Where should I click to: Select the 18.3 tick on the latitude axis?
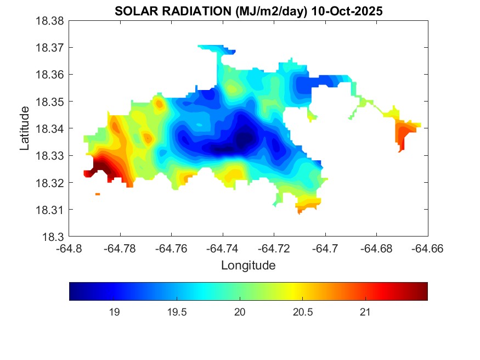click(55, 237)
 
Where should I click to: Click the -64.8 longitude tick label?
click(69, 249)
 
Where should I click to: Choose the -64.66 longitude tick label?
click(428, 249)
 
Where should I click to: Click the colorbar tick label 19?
click(114, 312)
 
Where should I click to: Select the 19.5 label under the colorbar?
click(177, 312)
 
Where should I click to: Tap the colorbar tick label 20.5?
click(302, 312)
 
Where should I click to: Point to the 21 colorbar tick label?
click(365, 312)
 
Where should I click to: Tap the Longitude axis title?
click(248, 266)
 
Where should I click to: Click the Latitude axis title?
click(25, 128)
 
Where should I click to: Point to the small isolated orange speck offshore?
click(98, 194)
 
